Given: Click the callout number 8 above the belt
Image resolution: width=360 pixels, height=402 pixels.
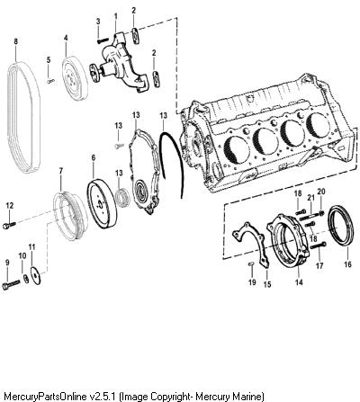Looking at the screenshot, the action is point(16,41).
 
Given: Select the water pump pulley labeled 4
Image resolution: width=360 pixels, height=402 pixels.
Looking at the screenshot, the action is point(75,78).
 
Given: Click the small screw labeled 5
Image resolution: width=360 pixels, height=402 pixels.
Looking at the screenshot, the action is point(50,80).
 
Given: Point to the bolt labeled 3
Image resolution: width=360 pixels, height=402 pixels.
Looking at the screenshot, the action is point(103,40).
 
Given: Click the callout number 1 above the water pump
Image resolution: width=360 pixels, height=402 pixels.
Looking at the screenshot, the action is point(116,15).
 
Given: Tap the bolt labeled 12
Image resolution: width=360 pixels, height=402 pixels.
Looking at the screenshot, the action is point(9,225).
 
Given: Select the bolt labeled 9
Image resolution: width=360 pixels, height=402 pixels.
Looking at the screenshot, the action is point(11,284).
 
